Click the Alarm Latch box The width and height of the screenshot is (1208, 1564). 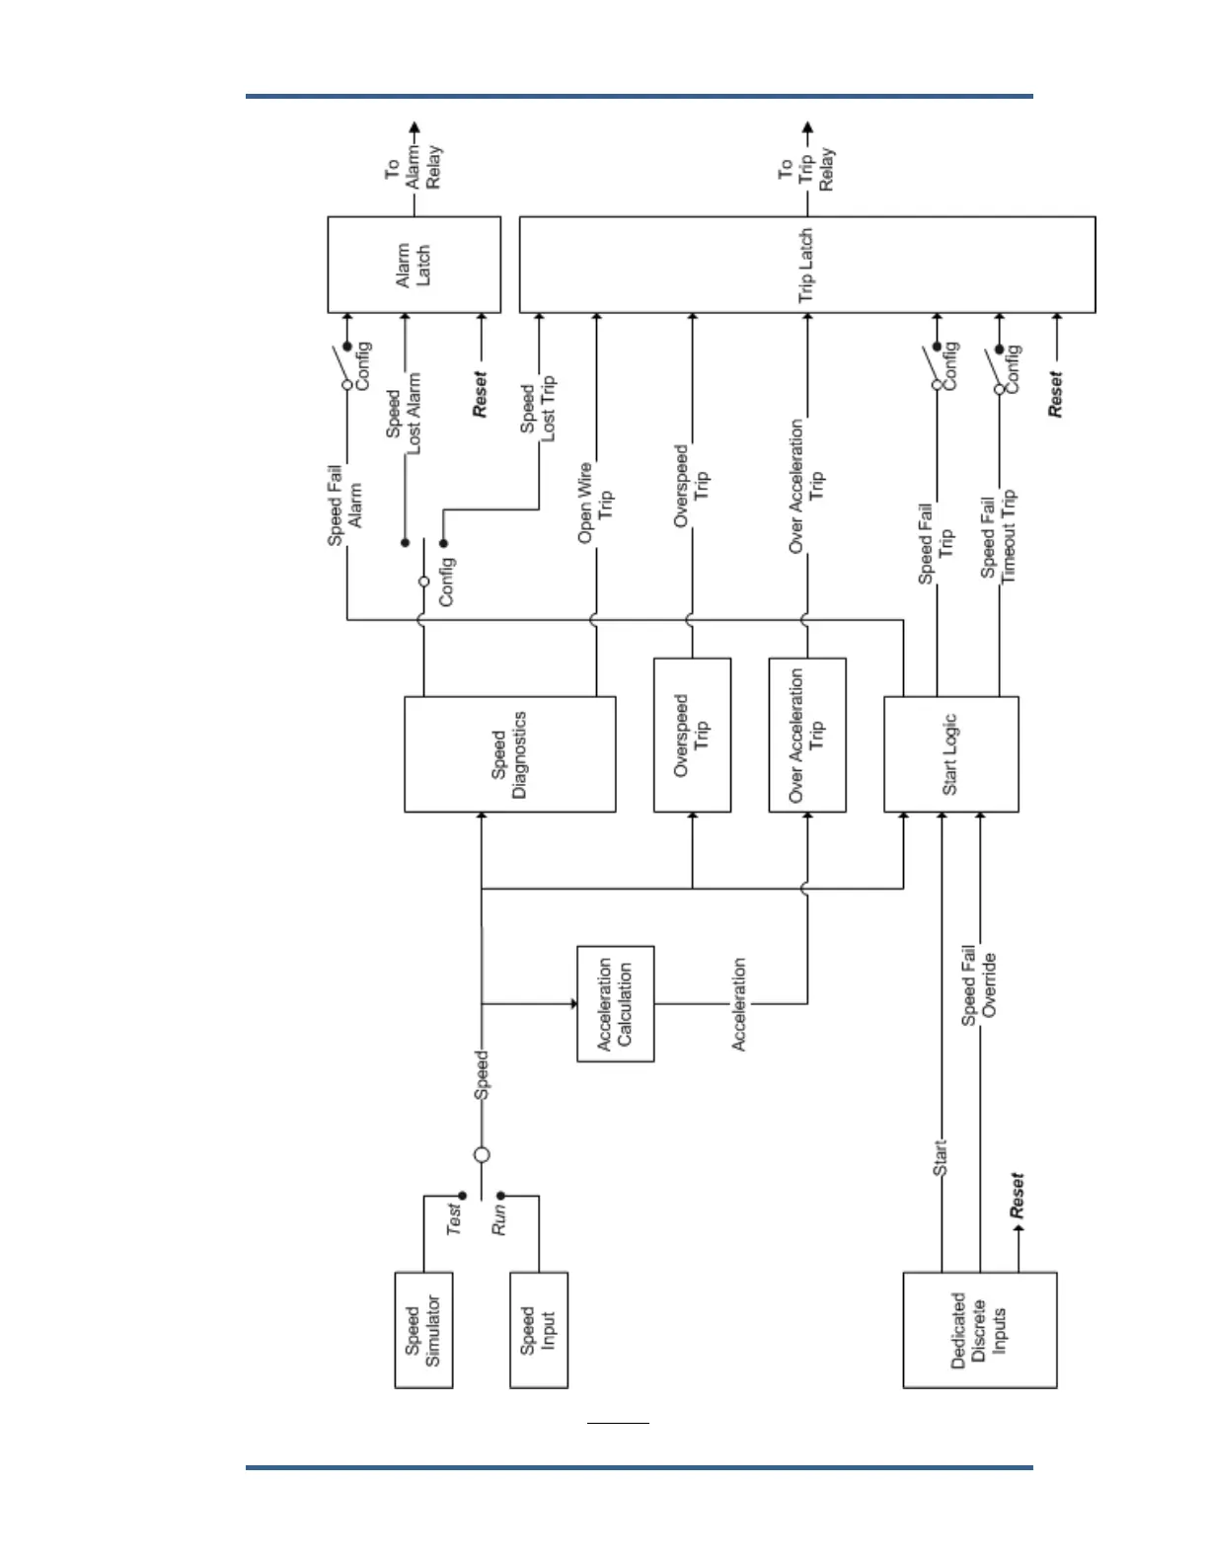click(x=414, y=265)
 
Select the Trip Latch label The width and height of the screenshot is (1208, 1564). click(x=806, y=265)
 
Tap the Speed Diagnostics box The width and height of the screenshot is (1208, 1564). click(x=509, y=754)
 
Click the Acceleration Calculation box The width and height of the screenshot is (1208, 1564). click(x=615, y=1003)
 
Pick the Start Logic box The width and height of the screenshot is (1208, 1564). click(x=950, y=754)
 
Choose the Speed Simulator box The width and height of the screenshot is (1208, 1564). click(x=423, y=1330)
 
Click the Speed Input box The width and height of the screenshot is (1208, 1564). click(x=538, y=1330)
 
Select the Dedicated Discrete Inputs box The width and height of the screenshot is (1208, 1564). click(x=979, y=1330)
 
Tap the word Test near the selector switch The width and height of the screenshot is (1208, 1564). click(x=453, y=1217)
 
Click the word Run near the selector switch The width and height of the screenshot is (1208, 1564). click(x=499, y=1219)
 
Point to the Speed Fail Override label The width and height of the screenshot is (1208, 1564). click(x=979, y=985)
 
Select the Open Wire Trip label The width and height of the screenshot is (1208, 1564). click(x=595, y=503)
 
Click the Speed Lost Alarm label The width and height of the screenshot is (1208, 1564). click(x=404, y=413)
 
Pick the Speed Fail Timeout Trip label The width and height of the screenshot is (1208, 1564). click(x=998, y=537)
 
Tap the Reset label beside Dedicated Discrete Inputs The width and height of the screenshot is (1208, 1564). click(x=1017, y=1195)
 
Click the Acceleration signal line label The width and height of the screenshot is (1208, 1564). click(x=738, y=1003)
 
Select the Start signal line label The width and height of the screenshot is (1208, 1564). click(x=940, y=1157)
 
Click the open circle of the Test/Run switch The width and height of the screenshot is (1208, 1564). click(x=482, y=1154)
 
